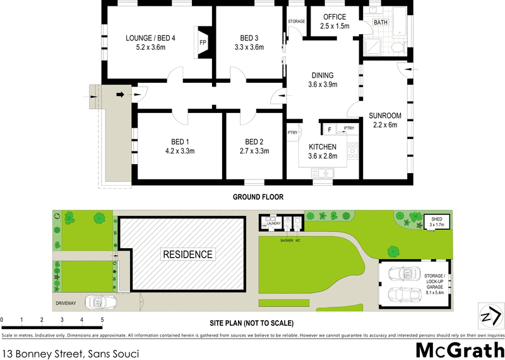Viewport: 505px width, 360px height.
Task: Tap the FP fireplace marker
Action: pos(203,42)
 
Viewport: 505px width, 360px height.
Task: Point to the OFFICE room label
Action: pos(334,17)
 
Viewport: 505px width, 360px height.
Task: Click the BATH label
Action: pos(381,23)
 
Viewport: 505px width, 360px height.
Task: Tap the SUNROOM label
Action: pos(385,116)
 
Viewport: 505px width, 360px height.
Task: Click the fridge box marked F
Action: pos(329,129)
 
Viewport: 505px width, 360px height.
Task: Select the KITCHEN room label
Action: pos(323,147)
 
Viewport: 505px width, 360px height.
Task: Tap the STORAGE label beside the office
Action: pos(297,21)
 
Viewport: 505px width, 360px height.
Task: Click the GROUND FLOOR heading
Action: pos(258,197)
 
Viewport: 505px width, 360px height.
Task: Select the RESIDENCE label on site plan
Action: pos(188,254)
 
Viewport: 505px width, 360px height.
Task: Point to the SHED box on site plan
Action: pos(437,222)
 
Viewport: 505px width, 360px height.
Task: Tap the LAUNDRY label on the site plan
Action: pos(273,224)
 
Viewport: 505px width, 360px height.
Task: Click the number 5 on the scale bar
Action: pos(102,320)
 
